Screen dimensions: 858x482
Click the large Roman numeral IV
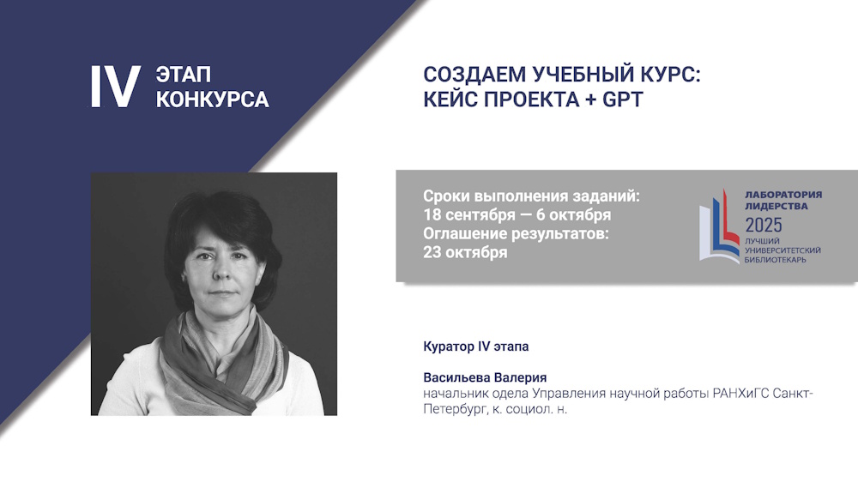(116, 87)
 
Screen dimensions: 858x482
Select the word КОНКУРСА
(212, 99)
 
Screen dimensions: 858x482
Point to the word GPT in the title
(623, 99)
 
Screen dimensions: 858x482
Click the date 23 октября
(465, 252)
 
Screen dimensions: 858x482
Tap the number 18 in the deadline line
(430, 214)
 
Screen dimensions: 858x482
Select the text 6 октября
(573, 215)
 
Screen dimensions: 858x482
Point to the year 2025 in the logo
(764, 225)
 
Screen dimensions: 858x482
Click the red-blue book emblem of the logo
(719, 226)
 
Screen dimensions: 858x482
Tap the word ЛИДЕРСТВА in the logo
(776, 206)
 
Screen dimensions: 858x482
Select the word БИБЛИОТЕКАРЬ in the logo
(775, 259)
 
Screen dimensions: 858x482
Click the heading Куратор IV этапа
(475, 346)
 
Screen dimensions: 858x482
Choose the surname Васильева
(456, 377)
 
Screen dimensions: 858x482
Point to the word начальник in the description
(456, 394)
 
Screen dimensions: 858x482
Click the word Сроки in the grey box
(446, 196)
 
